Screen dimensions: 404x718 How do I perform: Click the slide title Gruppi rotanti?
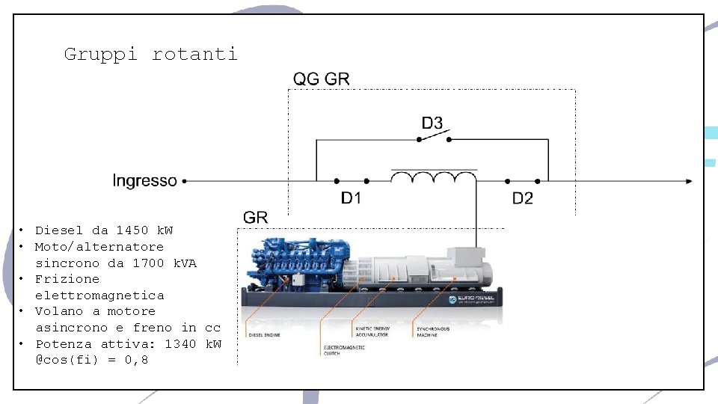pos(150,54)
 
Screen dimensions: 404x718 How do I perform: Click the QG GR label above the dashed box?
pos(321,79)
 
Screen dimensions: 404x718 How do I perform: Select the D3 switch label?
pos(432,123)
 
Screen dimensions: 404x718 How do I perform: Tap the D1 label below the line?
pos(352,198)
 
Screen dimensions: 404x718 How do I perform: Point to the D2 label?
pos(522,198)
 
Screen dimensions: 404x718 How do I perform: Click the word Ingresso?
pos(144,180)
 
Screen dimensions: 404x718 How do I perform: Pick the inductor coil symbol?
pos(433,178)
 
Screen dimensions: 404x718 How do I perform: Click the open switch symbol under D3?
pos(434,137)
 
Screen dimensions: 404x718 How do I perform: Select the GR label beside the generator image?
pos(256,217)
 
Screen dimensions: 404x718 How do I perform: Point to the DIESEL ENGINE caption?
pos(263,334)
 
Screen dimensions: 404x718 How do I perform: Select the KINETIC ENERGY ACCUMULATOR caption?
pos(372,331)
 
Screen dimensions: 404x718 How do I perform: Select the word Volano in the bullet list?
pos(58,311)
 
